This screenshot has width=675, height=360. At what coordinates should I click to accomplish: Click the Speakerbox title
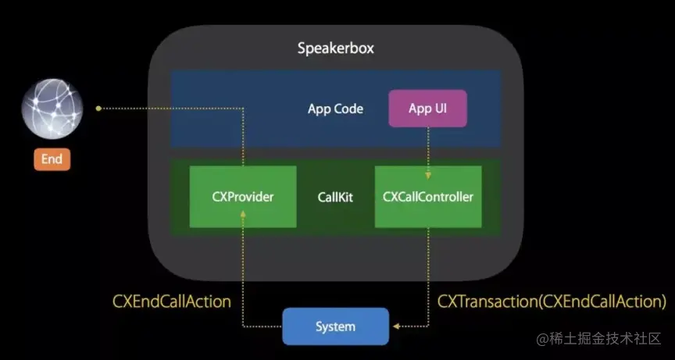(336, 48)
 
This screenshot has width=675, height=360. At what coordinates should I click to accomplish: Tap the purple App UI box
(427, 109)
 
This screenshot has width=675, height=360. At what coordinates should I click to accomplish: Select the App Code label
(335, 109)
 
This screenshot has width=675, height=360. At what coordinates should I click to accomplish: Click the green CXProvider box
(243, 197)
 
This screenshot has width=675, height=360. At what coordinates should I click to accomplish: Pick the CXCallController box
(427, 197)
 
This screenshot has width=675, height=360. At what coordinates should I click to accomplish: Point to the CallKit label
(335, 197)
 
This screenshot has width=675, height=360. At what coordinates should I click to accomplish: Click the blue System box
(335, 326)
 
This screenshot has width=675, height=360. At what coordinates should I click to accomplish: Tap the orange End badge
(52, 159)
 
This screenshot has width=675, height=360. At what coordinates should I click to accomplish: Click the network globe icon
(52, 109)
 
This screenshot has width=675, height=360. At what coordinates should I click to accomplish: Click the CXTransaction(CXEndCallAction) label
(552, 301)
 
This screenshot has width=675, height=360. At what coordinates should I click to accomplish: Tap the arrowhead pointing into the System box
(396, 327)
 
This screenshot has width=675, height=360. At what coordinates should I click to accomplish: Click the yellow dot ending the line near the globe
(98, 109)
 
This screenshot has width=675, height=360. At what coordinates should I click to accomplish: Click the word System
(335, 326)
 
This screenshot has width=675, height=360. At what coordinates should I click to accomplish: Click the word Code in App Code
(348, 109)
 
